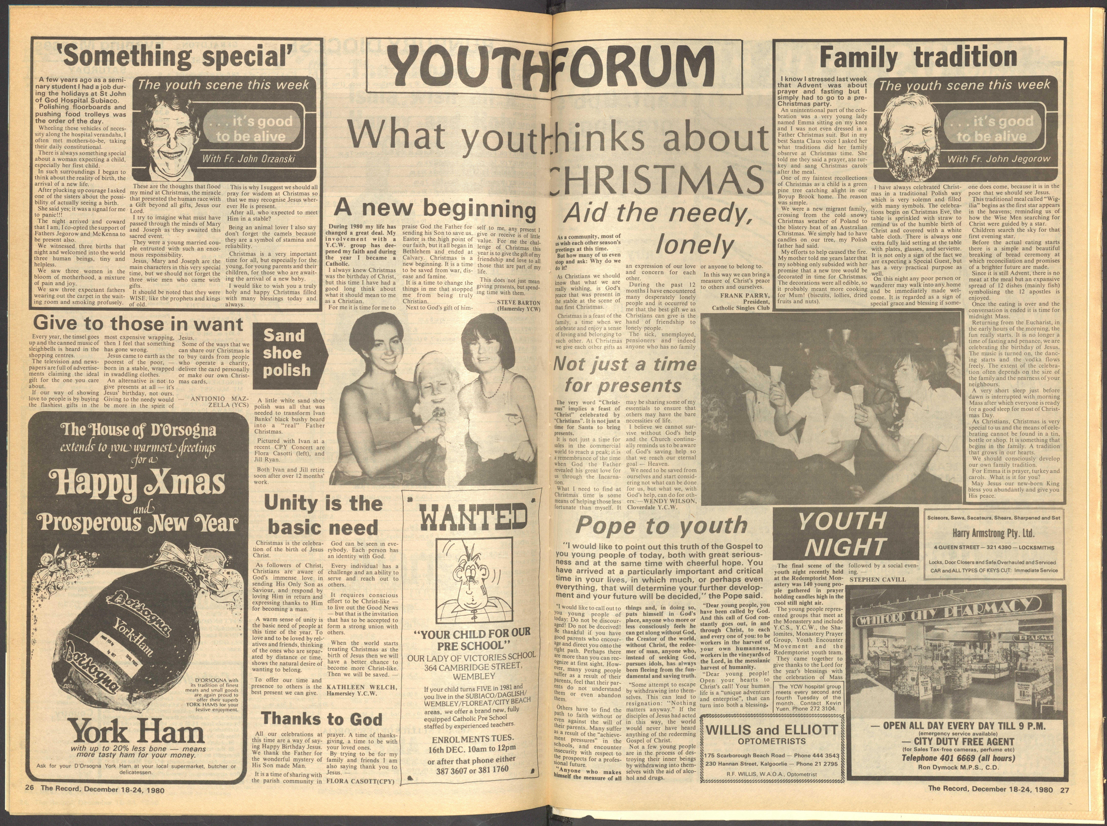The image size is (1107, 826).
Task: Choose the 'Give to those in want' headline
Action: point(137,324)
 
